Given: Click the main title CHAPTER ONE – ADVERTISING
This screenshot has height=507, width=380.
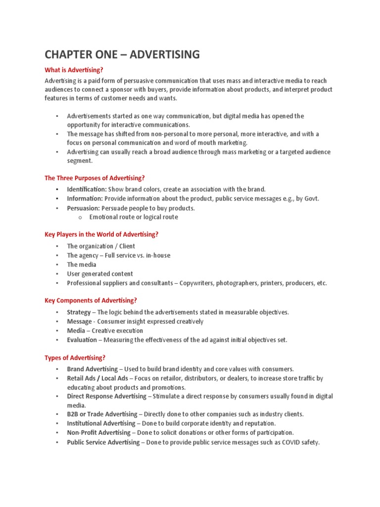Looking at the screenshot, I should click(x=122, y=54).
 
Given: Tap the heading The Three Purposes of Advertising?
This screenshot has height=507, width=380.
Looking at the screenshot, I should click(x=95, y=178).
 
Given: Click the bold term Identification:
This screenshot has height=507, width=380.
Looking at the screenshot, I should click(x=87, y=189).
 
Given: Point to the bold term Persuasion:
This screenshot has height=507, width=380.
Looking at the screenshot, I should click(x=84, y=208).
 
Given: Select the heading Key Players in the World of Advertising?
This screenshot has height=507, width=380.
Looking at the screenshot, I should click(x=101, y=234).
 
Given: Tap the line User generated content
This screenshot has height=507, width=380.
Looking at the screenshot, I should click(x=100, y=274).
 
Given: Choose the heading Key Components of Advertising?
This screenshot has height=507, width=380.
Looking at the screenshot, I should click(x=91, y=300).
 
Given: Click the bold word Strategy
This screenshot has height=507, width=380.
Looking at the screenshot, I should click(x=79, y=312).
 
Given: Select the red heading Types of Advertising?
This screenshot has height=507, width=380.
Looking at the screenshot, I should click(x=75, y=357).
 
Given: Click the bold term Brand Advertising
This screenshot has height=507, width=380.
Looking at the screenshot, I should click(x=93, y=369).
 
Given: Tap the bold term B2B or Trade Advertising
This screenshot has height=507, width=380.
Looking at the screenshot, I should click(x=102, y=414).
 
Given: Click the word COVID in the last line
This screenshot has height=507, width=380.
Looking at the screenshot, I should click(x=292, y=442).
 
